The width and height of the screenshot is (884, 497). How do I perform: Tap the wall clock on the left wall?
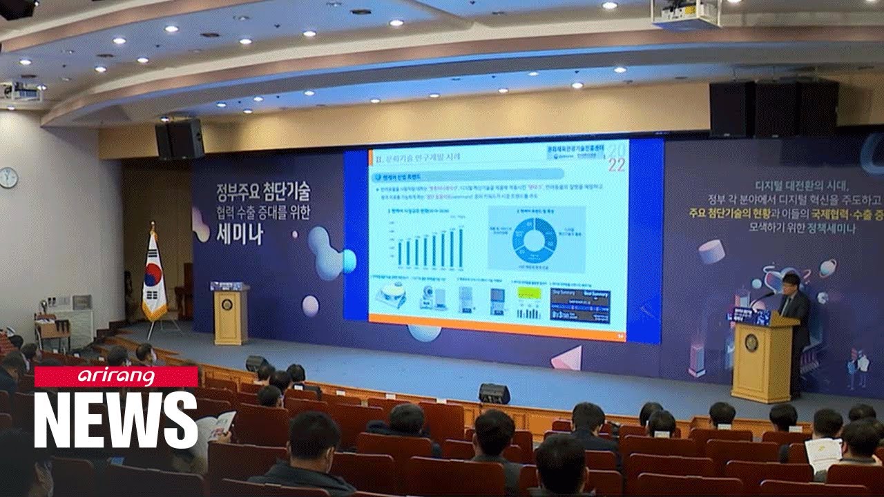(x=8, y=177)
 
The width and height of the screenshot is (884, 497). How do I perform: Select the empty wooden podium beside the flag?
(x=231, y=316)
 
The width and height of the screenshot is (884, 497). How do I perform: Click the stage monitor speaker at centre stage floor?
(x=494, y=393)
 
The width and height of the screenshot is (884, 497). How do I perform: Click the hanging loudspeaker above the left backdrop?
(x=180, y=139)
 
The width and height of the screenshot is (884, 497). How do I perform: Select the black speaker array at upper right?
(x=773, y=109)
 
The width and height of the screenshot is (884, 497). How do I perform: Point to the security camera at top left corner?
(x=15, y=8)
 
